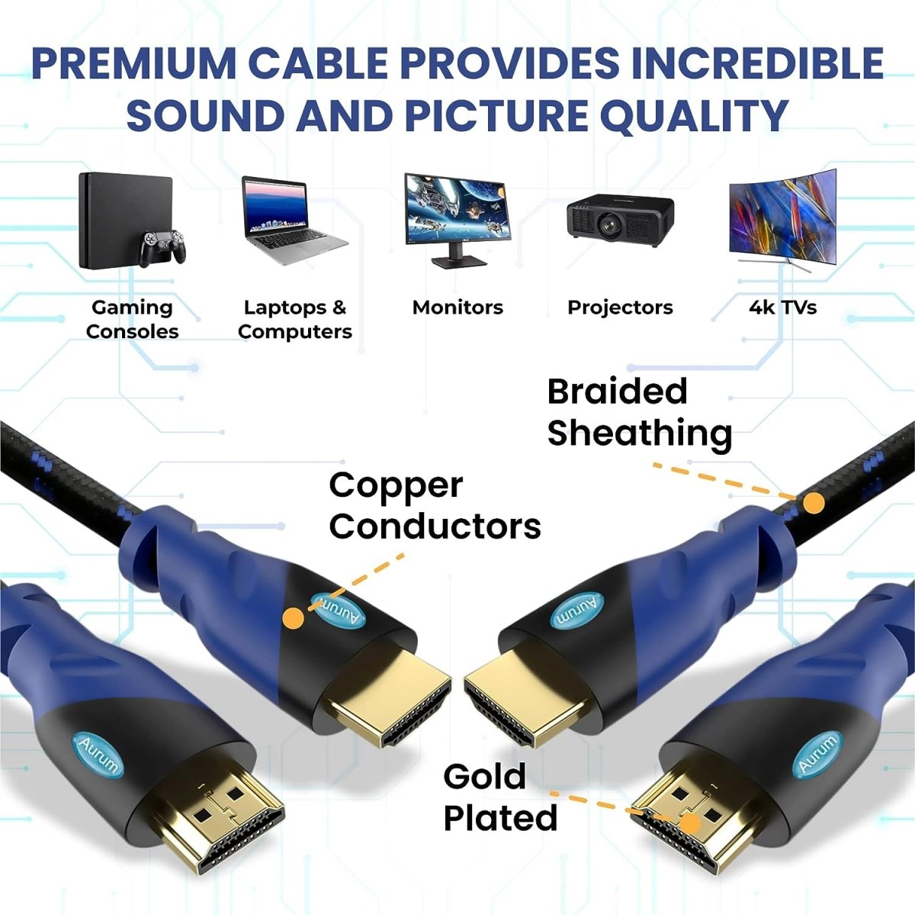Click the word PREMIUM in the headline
(133, 63)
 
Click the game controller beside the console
(162, 247)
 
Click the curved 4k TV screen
(782, 219)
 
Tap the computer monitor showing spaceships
(457, 219)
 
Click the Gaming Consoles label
(132, 320)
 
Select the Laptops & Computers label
(295, 320)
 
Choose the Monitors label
(457, 308)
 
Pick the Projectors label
(620, 308)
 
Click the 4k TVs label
(782, 308)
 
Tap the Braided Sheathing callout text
(640, 413)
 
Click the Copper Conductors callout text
(435, 506)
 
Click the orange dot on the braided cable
(815, 502)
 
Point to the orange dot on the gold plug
(690, 823)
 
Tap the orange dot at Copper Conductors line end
(293, 618)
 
